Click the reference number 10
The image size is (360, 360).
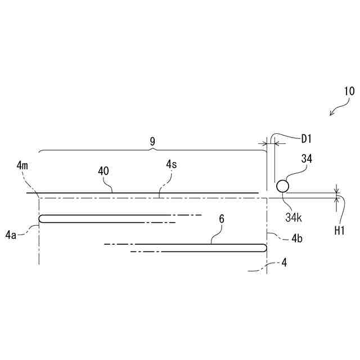click(349, 91)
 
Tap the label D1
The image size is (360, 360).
click(307, 138)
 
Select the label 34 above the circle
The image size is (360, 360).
click(307, 159)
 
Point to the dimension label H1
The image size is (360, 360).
click(339, 230)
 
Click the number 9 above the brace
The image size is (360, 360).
click(152, 141)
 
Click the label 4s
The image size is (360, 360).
click(171, 165)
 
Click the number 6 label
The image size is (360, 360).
click(222, 219)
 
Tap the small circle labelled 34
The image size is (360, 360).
click(282, 185)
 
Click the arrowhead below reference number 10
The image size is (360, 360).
click(332, 114)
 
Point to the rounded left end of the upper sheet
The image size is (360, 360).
click(40, 219)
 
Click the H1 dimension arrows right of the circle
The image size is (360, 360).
click(337, 195)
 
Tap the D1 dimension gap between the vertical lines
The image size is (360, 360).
click(270, 144)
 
